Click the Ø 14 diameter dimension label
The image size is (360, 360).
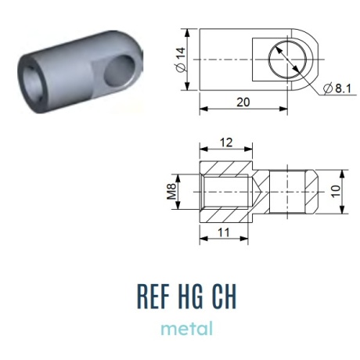pyautogui.click(x=181, y=59)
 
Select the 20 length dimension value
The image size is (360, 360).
pyautogui.click(x=243, y=102)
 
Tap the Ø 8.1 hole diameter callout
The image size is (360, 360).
pyautogui.click(x=337, y=88)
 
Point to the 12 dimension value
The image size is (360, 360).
pyautogui.click(x=226, y=142)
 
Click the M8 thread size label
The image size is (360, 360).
pyautogui.click(x=171, y=192)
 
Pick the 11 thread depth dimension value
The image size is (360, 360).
pyautogui.click(x=224, y=232)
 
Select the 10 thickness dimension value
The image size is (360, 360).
pyautogui.click(x=337, y=192)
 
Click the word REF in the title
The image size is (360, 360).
pyautogui.click(x=153, y=297)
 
